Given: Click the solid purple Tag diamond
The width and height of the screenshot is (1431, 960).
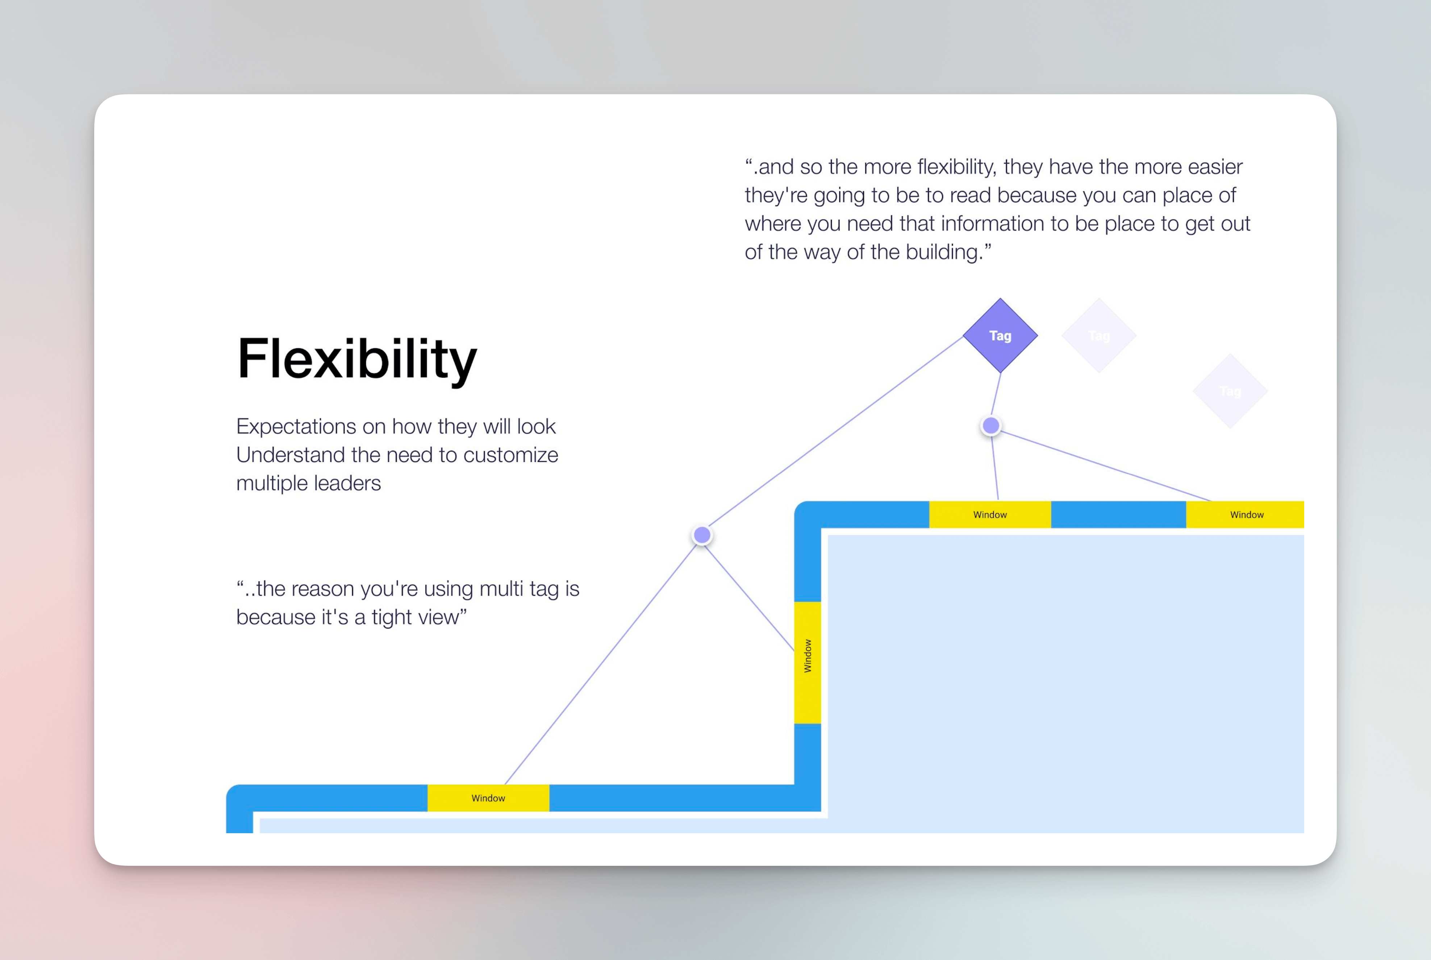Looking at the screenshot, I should pyautogui.click(x=1000, y=335).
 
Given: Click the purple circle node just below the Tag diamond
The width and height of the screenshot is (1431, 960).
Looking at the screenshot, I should pyautogui.click(x=991, y=426).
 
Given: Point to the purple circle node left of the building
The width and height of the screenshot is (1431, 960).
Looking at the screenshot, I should pyautogui.click(x=702, y=535).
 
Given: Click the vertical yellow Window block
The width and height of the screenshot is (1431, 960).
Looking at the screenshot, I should pyautogui.click(x=807, y=663).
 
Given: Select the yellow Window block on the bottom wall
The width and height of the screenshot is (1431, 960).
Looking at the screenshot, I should pyautogui.click(x=488, y=798).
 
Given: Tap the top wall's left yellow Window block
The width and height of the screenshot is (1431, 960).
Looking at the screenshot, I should pyautogui.click(x=989, y=514).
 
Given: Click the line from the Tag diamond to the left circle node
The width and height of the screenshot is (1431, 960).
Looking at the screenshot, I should pyautogui.click(x=833, y=435).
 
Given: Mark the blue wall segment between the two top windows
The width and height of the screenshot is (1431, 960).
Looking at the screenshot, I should pyautogui.click(x=1118, y=514).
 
